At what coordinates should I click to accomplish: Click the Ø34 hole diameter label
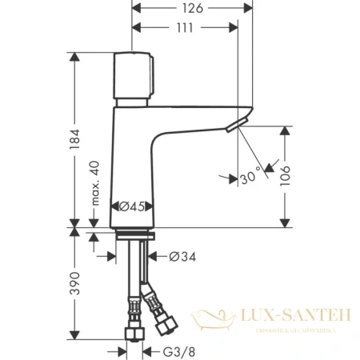click(183, 257)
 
